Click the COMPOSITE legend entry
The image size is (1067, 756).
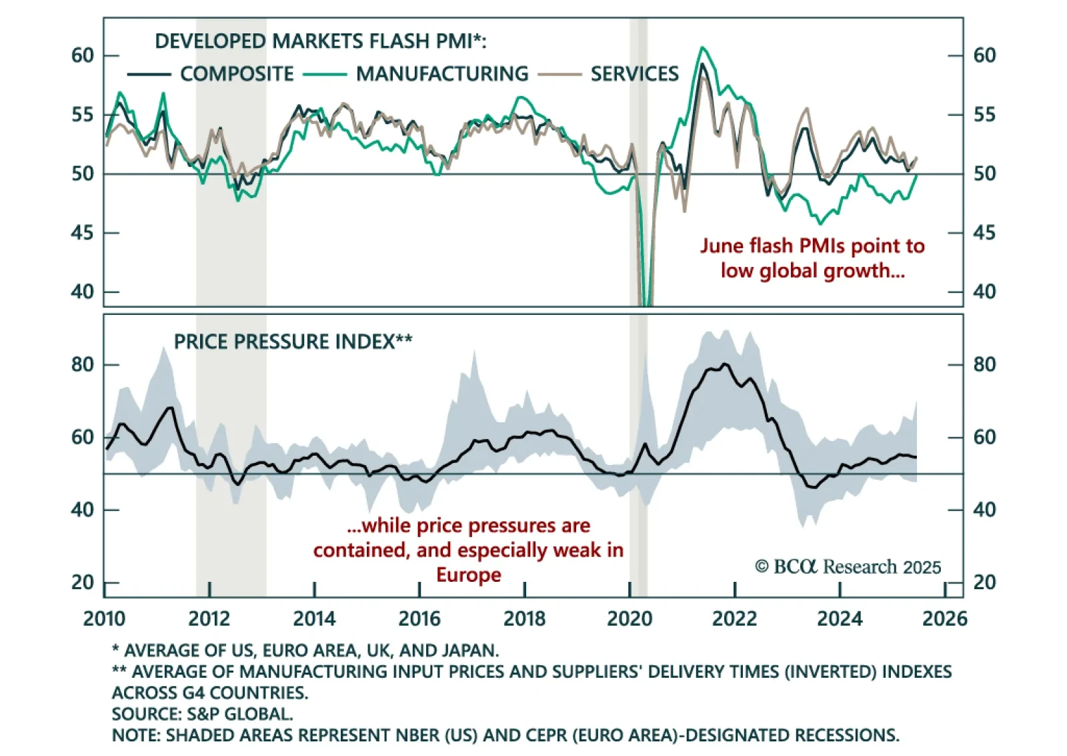pos(237,73)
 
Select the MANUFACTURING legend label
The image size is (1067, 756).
pos(441,73)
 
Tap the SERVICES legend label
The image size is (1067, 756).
pos(634,73)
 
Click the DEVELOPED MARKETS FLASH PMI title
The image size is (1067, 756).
pos(320,41)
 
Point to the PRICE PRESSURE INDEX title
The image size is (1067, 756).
pos(293,342)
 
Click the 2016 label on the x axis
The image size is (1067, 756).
pos(419,619)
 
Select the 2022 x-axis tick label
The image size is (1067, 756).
pos(734,619)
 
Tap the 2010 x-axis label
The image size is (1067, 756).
pos(104,619)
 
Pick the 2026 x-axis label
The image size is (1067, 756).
pos(944,619)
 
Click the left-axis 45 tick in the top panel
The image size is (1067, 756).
pos(83,233)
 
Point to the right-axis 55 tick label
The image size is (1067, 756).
pos(984,115)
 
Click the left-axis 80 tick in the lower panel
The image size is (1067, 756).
pos(83,364)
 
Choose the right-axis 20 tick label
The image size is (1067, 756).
pos(984,583)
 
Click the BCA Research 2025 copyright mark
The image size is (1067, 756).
pos(848,566)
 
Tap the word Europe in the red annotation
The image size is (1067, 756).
pos(469,575)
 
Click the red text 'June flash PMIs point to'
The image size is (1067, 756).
pos(812,246)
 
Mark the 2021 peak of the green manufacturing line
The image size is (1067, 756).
pos(702,47)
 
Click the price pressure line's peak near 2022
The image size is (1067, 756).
pos(726,364)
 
